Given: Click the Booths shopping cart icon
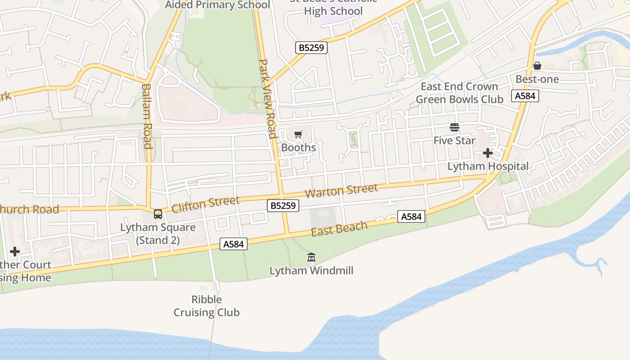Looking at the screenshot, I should tap(298, 134).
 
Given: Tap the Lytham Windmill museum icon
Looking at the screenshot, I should tap(311, 257).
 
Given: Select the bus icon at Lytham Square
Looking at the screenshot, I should tap(158, 214).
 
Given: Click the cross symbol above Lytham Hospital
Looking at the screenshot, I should tap(488, 153).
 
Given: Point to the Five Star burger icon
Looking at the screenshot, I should tap(454, 128).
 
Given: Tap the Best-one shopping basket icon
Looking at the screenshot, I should tap(537, 66).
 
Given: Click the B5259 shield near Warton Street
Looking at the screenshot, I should tap(283, 206).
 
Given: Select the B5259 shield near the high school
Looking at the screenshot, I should tap(311, 48).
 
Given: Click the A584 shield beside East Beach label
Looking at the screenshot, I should tap(411, 216).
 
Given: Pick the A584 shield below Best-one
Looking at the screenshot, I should tap(525, 96).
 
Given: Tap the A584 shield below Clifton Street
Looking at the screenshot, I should tap(234, 244).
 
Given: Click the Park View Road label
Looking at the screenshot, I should tap(268, 99).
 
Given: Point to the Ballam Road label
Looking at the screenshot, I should tap(147, 116).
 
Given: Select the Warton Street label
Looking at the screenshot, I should tap(342, 191).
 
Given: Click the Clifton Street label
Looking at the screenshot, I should tap(205, 204).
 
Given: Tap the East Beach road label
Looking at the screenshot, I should tap(339, 229).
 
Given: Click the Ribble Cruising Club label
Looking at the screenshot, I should tap(207, 306).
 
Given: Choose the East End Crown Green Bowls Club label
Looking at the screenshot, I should tap(459, 93).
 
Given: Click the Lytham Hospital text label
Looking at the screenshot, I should tap(488, 166).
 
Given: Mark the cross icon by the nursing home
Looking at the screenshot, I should tap(15, 252).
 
